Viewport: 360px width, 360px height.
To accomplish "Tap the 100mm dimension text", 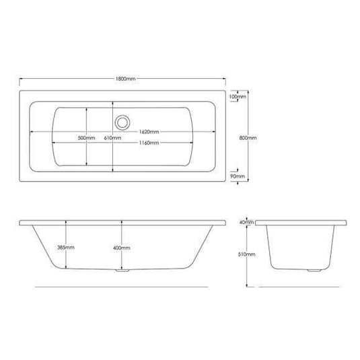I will (237, 97).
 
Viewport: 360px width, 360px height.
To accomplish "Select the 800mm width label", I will (248, 137).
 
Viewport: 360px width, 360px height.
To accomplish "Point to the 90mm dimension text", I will (237, 176).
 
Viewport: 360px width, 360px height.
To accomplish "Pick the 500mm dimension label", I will (85, 137).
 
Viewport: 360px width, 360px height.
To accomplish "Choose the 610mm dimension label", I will (112, 137).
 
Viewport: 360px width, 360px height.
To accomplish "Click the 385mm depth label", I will (65, 248).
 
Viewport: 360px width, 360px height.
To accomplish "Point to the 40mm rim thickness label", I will (246, 222).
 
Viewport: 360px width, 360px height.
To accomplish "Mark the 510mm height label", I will (248, 255).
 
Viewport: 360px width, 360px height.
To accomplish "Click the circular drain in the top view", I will (121, 122).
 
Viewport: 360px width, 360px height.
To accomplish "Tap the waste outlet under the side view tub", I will (121, 273).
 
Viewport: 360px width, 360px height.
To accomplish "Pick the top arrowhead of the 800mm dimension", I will (248, 90).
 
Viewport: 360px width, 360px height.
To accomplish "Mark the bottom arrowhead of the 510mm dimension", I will (248, 285).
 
